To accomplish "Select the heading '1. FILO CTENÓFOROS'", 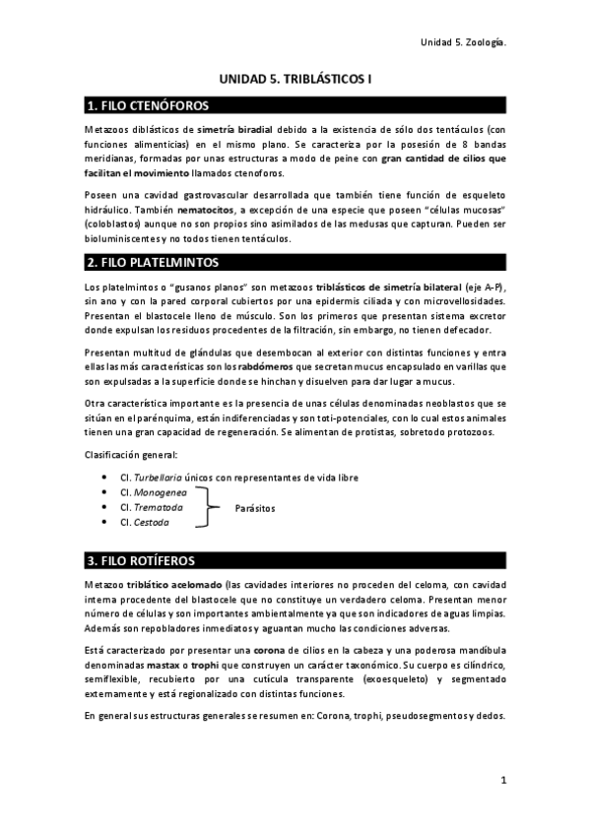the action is [148, 105].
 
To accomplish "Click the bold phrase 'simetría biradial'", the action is [234, 129].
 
